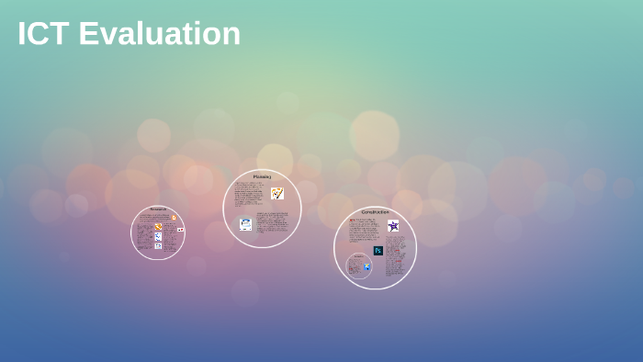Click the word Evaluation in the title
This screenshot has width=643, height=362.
click(159, 34)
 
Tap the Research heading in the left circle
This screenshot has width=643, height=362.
click(158, 209)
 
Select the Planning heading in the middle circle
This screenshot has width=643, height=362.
click(262, 176)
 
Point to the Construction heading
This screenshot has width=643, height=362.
click(375, 212)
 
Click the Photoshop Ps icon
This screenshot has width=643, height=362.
click(378, 250)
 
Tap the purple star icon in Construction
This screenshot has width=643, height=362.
click(393, 226)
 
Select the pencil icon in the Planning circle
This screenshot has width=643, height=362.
click(276, 194)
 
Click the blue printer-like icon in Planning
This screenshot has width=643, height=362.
click(245, 223)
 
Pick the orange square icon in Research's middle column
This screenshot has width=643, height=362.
click(158, 226)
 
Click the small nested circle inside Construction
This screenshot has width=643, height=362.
click(359, 266)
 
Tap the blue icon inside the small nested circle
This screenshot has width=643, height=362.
click(367, 266)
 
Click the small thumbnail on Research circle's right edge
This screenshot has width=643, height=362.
click(180, 230)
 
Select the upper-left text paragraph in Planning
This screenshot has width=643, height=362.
click(248, 195)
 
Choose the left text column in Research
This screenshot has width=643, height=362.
click(144, 235)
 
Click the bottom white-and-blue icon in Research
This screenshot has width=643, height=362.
click(158, 246)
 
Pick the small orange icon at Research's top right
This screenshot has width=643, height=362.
click(173, 217)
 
